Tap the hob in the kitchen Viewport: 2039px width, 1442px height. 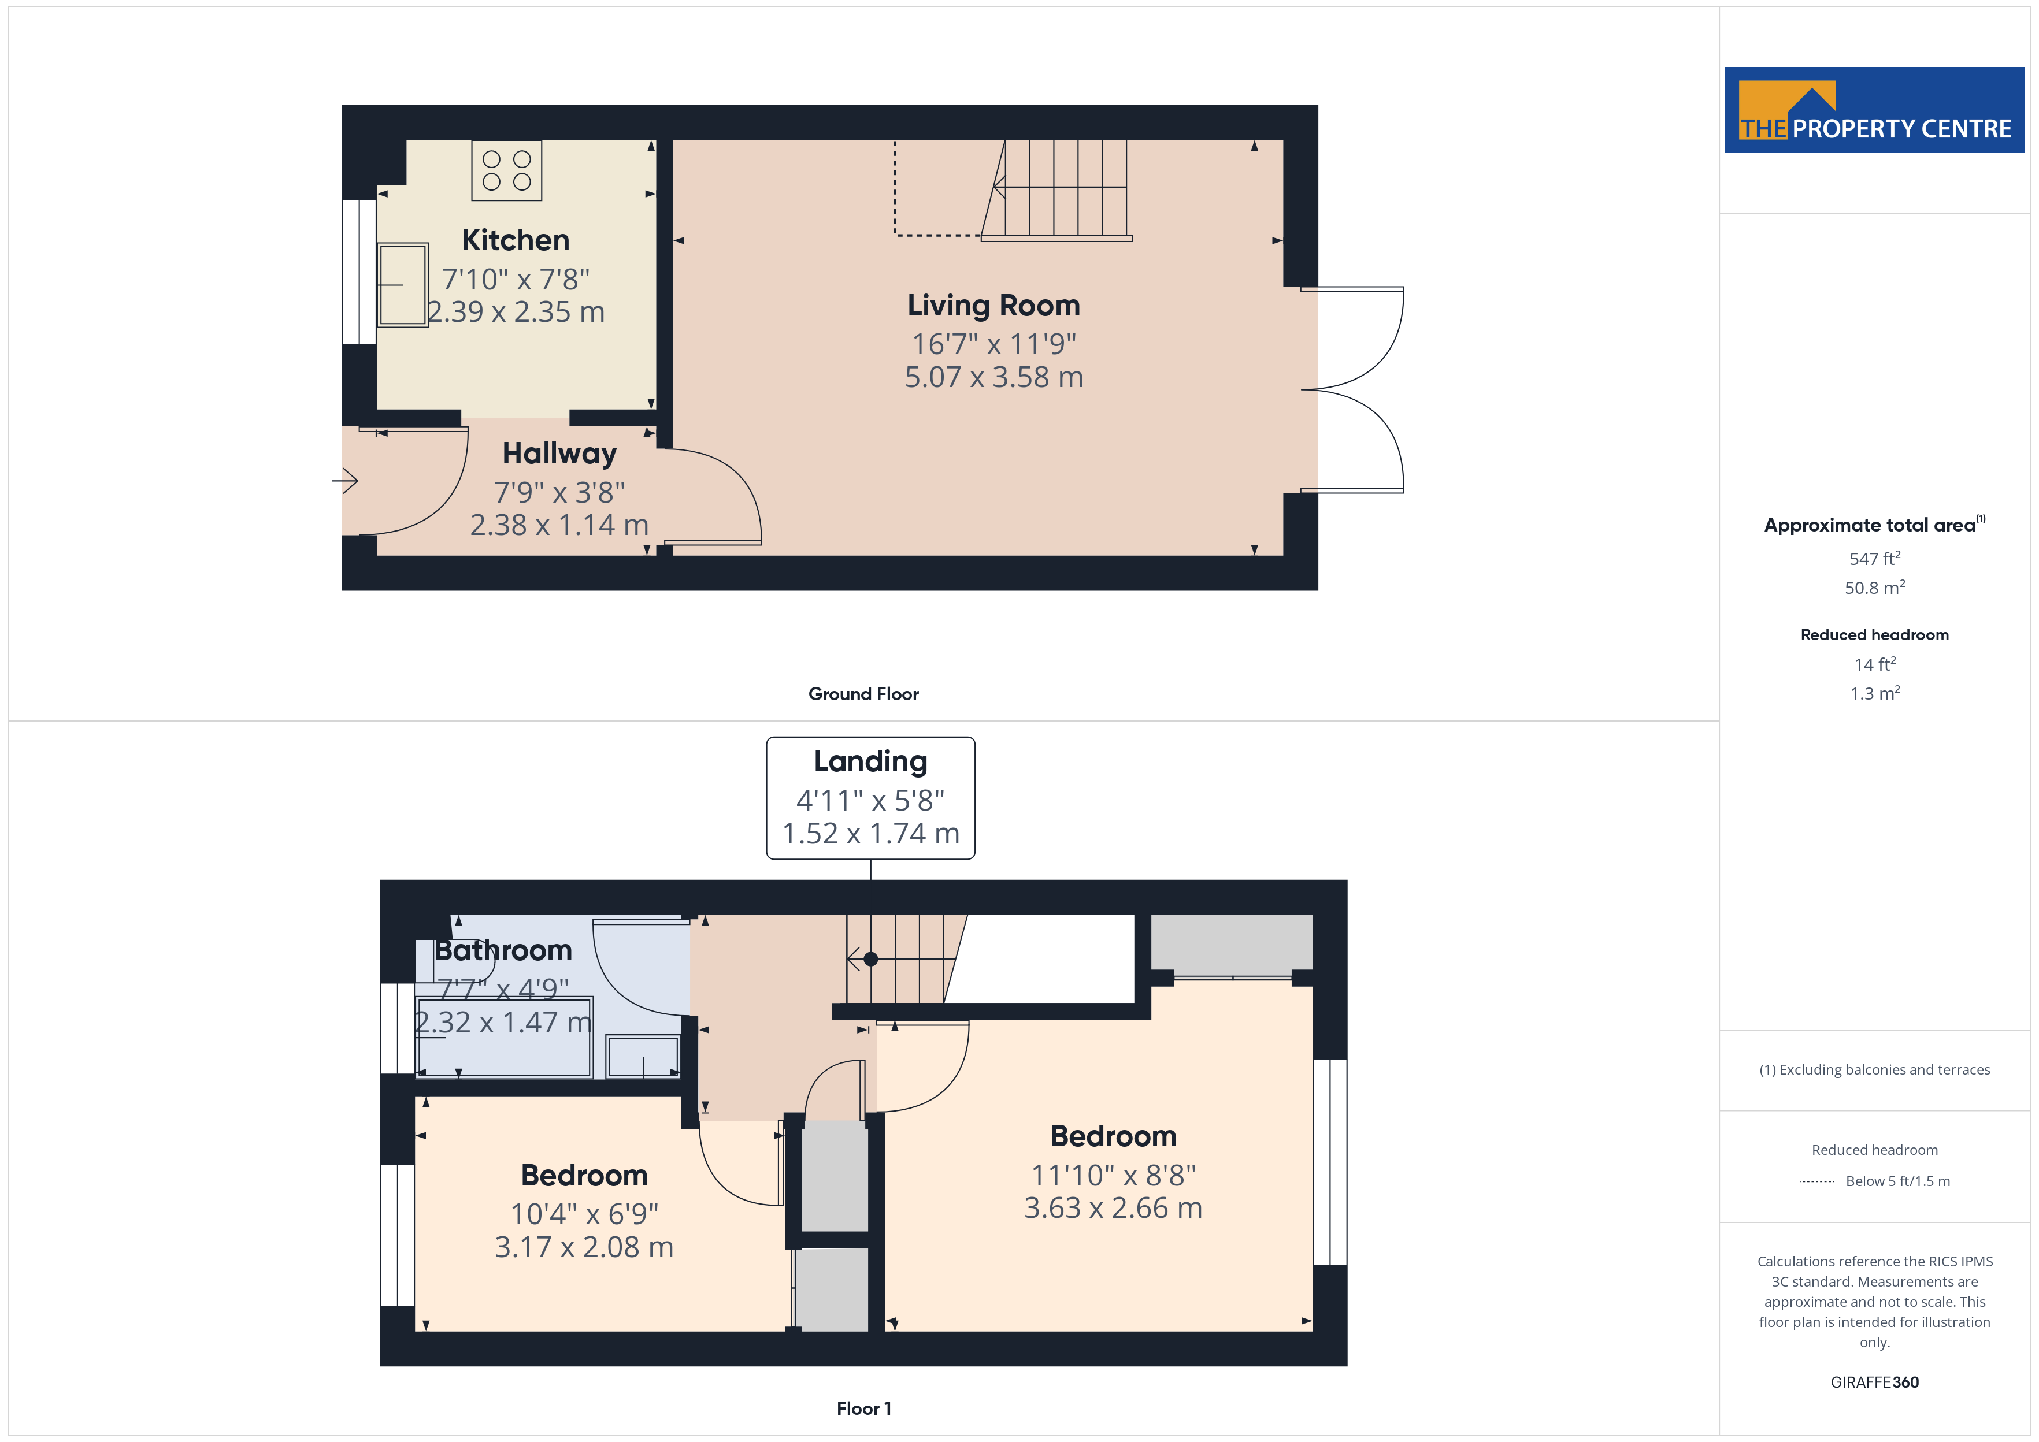tap(506, 170)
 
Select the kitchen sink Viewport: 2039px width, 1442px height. tap(403, 285)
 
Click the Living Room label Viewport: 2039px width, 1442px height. tap(993, 306)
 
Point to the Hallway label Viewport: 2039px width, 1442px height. tap(559, 454)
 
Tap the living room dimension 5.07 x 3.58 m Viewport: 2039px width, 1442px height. tap(993, 377)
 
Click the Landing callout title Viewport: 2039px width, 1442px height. tap(870, 761)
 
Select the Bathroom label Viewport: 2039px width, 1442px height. tap(503, 950)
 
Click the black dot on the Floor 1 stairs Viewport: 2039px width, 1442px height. tap(870, 959)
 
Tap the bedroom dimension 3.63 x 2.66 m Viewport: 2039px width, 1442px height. tap(1113, 1207)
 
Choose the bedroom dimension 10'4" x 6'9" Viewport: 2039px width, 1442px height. tap(584, 1214)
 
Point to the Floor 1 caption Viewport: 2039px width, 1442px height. tap(863, 1408)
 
